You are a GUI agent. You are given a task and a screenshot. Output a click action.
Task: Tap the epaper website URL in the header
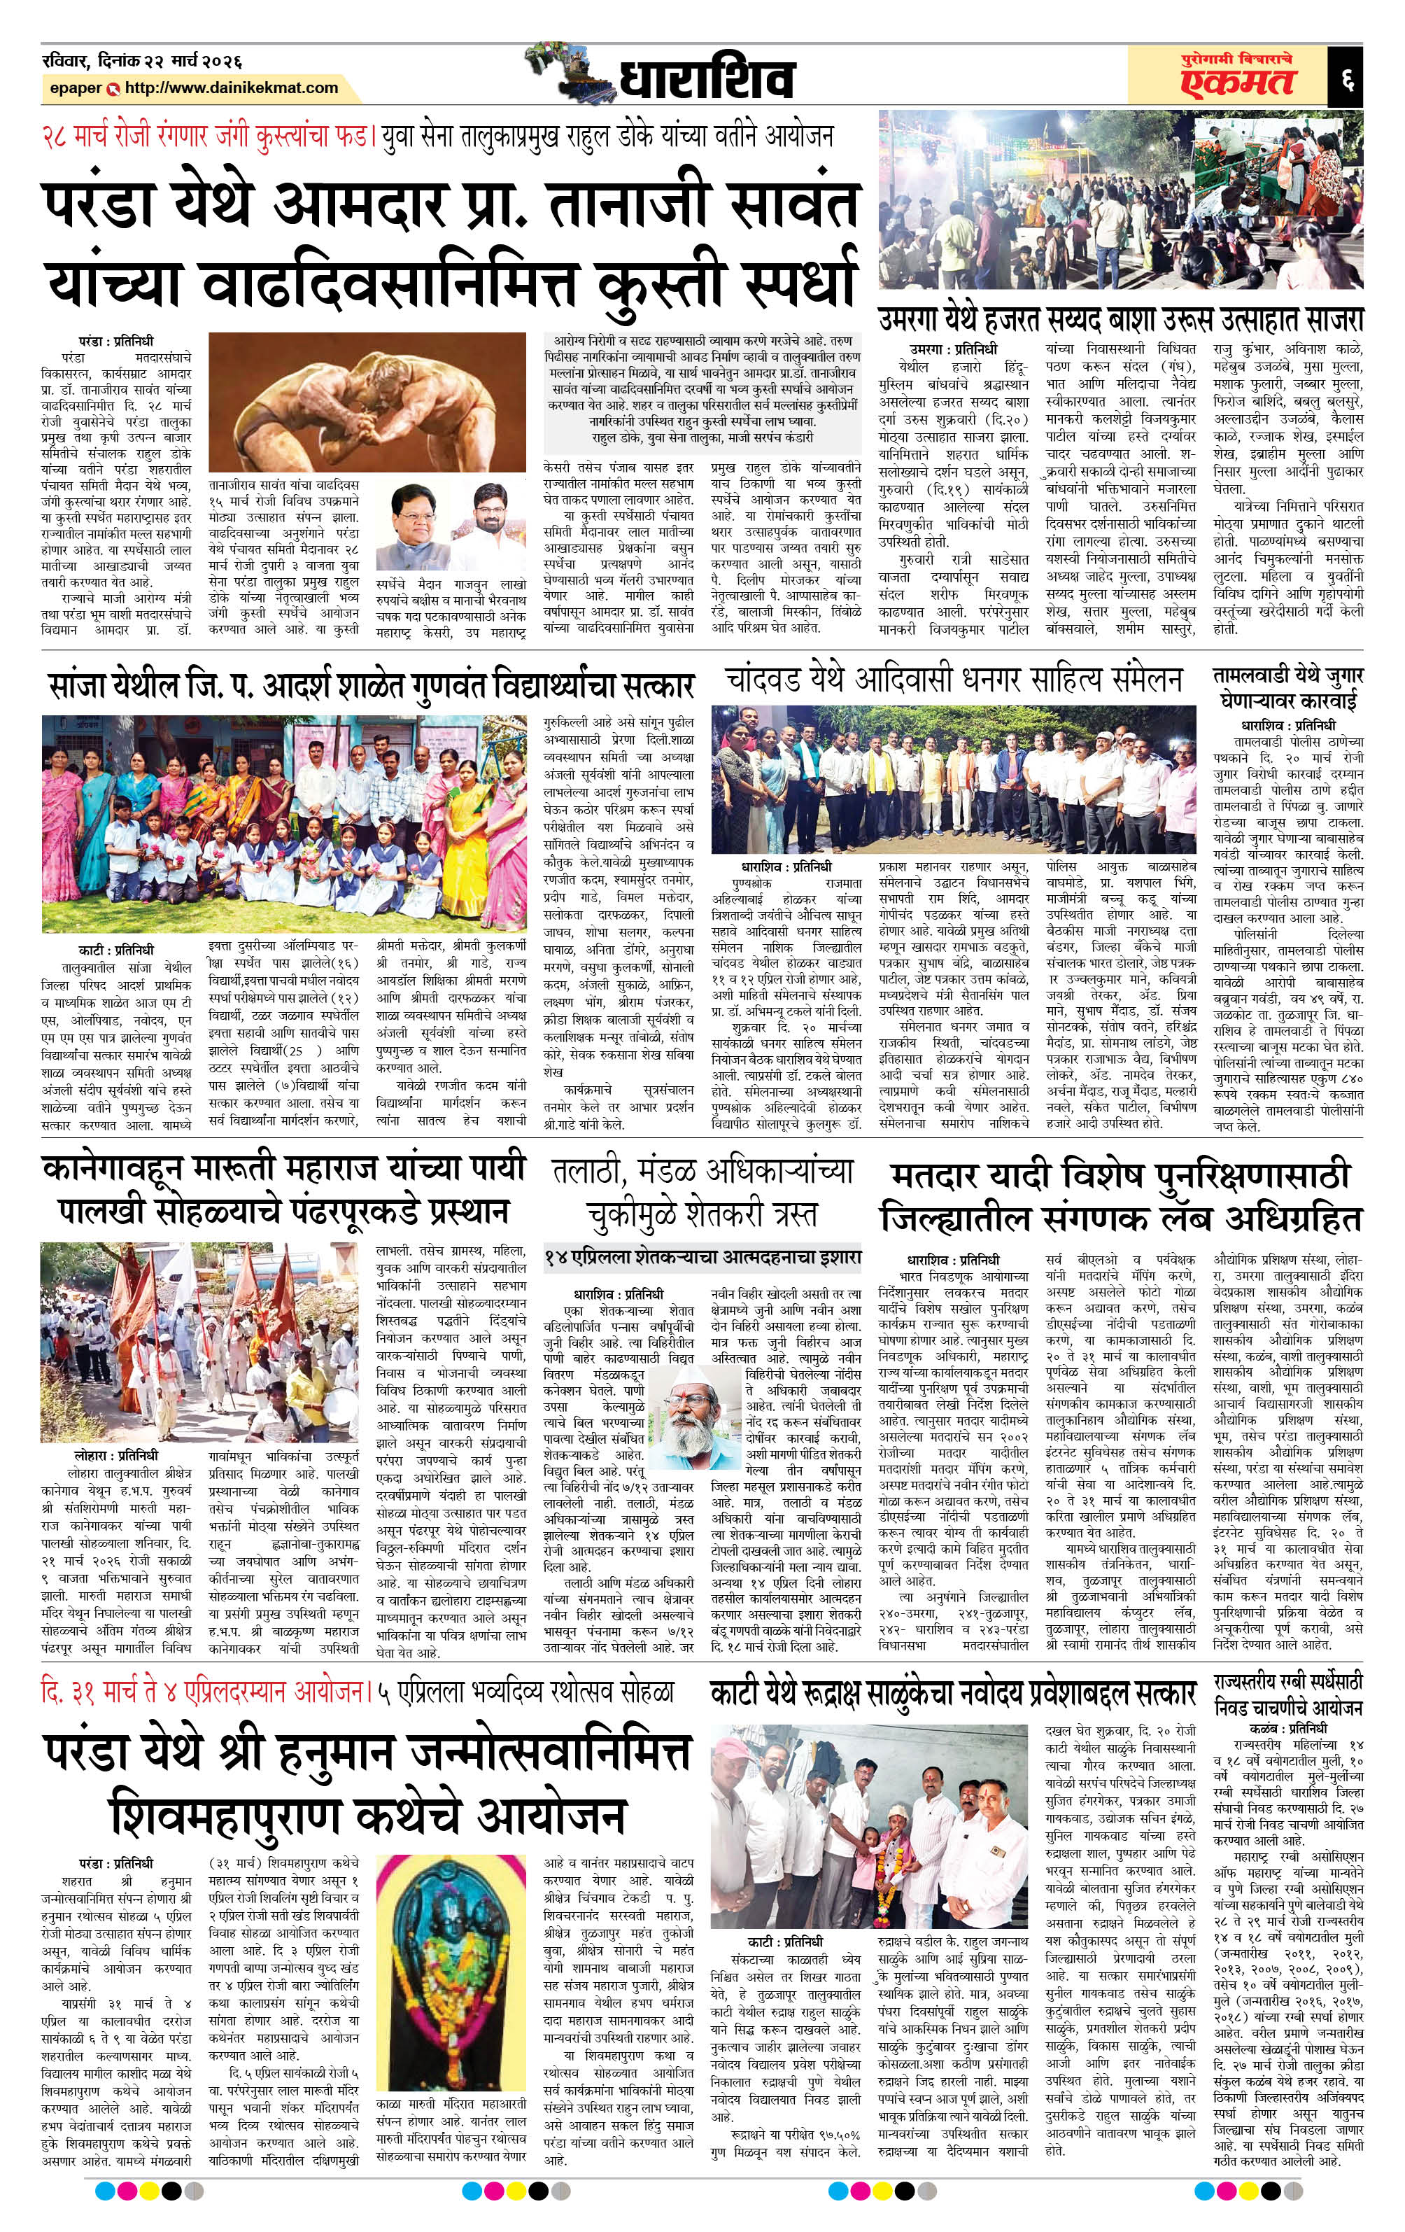[232, 88]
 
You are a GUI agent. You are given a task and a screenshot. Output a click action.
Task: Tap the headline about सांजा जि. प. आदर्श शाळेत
[371, 687]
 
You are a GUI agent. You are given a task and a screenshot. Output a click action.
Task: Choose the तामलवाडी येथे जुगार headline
[1288, 688]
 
